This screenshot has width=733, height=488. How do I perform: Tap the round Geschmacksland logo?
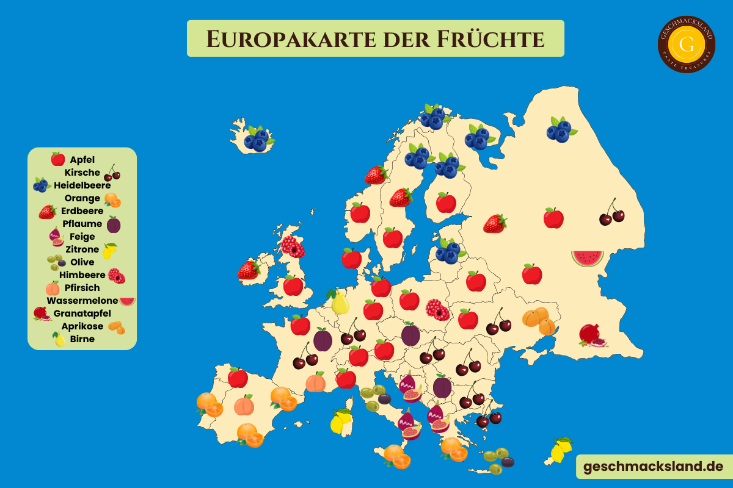coord(687,44)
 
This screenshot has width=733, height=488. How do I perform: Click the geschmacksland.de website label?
coord(653,467)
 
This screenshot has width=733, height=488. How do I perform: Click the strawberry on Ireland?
coord(249,269)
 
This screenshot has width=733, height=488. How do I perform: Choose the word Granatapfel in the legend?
coord(82,313)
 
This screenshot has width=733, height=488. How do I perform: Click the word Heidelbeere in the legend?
coord(82,185)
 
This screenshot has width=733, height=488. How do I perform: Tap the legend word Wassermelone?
coord(82,300)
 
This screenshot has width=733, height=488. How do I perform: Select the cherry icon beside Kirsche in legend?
coord(112,173)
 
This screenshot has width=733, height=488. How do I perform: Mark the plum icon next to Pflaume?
coord(114,224)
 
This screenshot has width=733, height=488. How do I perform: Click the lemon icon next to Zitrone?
coord(109,250)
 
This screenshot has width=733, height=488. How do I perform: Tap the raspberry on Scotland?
coord(293,246)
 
